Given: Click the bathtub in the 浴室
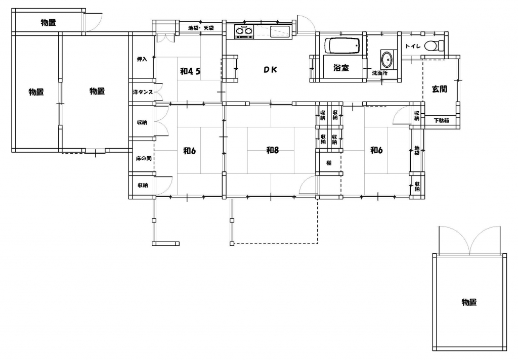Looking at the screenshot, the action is click(x=342, y=46).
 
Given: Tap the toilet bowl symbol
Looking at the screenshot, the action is click(x=435, y=46).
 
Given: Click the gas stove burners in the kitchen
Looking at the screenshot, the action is click(x=244, y=31).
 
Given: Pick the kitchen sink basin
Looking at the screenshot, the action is click(x=280, y=32).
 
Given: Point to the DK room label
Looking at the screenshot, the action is click(x=270, y=69).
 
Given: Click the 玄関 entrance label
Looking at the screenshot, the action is click(x=440, y=89).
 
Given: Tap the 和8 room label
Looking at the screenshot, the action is click(x=273, y=150).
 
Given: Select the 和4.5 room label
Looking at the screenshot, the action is click(x=190, y=71).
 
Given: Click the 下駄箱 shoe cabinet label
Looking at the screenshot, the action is click(x=441, y=120).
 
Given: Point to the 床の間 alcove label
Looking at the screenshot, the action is click(x=144, y=159).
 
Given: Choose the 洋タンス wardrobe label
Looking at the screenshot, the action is click(x=143, y=92).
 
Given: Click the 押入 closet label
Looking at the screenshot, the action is click(x=142, y=59).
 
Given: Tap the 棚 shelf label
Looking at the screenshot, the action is click(x=329, y=163).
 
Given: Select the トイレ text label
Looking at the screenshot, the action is click(x=413, y=46).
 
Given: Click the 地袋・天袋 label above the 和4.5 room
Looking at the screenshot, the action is click(x=201, y=28).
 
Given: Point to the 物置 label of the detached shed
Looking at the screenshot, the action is click(x=469, y=302).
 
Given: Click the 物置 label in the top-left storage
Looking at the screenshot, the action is click(x=48, y=22).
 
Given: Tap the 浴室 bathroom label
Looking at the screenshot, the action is click(x=341, y=68).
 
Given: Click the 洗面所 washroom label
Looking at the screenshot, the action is click(x=380, y=73).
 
